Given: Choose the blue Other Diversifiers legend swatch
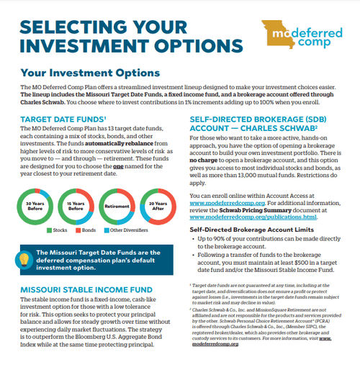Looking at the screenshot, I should [106, 230].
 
